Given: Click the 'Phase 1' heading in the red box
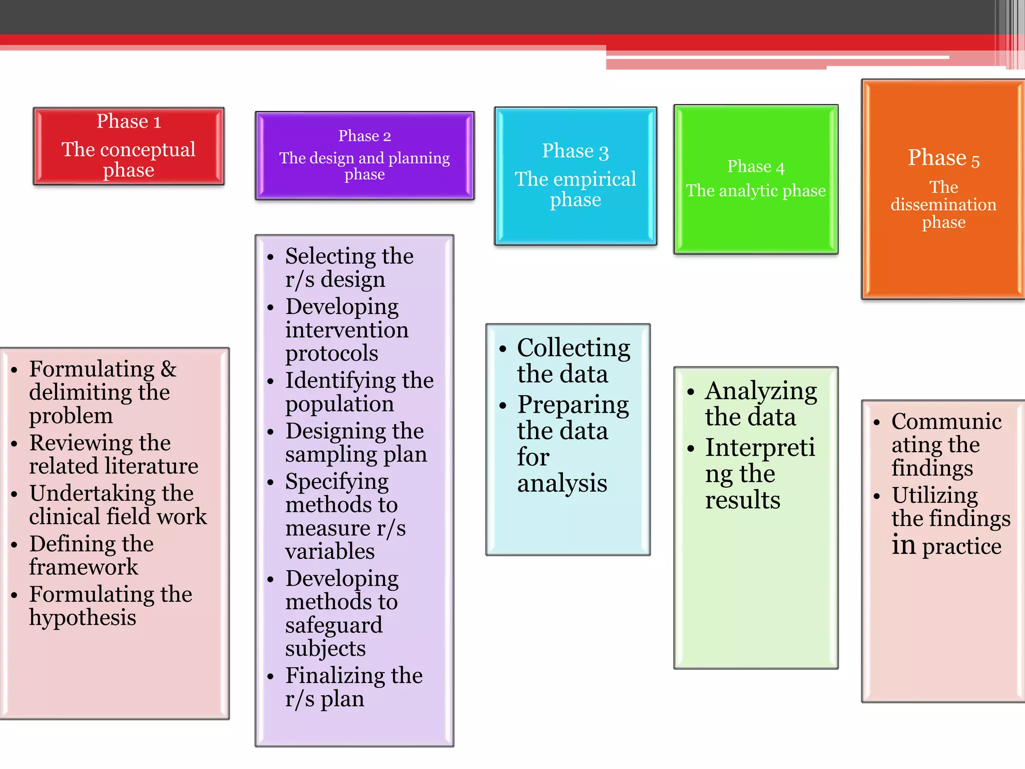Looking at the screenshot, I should click(129, 122).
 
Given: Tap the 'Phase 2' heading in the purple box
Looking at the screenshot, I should click(364, 136).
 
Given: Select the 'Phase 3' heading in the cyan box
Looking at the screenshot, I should click(575, 151).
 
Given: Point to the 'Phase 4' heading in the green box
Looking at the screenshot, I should click(756, 167).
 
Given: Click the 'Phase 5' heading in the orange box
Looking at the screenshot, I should click(943, 158).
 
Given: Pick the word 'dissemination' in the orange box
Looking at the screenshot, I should click(943, 205).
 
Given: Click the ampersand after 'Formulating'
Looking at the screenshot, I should click(169, 369).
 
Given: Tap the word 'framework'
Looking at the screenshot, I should click(83, 567).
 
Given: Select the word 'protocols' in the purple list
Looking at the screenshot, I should click(331, 353).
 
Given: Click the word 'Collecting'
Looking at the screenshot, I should click(574, 348).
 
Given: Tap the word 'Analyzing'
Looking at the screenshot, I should click(761, 392).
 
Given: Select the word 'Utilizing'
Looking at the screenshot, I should click(934, 496).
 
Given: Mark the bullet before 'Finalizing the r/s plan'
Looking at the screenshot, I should click(271, 677).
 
